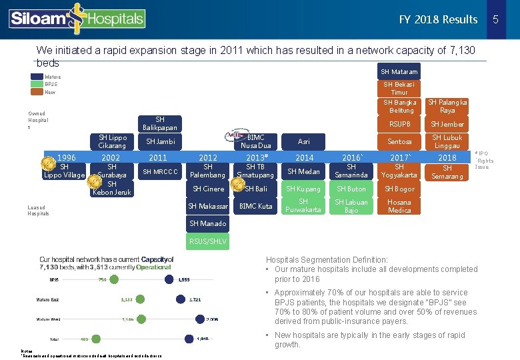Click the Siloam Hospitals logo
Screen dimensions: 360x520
pos(77,19)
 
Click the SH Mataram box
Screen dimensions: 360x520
pos(399,72)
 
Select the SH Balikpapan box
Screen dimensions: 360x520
pos(160,123)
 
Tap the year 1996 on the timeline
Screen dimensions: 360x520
pos(65,157)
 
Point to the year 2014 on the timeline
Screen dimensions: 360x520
pos(304,157)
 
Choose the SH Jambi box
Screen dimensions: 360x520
pos(160,141)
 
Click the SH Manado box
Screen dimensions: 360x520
pos(208,223)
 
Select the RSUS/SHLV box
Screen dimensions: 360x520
pos(208,241)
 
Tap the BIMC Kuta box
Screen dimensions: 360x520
pos(256,206)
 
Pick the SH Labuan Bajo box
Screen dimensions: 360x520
pos(351,206)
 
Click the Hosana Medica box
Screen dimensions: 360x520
pos(399,206)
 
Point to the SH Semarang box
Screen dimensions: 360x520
pos(447,172)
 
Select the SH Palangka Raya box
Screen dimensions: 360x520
pos(447,106)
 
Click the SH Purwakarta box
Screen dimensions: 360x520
pos(304,206)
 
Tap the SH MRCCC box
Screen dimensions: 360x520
pos(160,172)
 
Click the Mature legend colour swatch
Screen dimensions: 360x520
pos(36,77)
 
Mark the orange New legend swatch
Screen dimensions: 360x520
pos(36,92)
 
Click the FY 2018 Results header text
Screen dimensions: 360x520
pos(438,19)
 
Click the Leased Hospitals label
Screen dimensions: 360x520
pos(38,209)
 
